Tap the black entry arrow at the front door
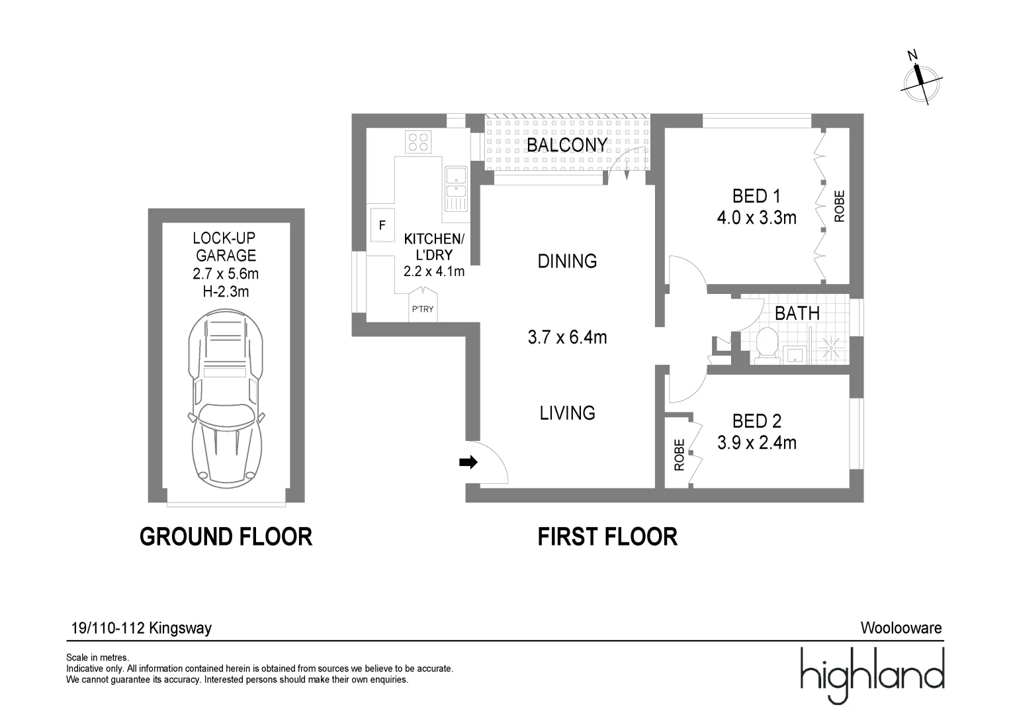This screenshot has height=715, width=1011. [468, 463]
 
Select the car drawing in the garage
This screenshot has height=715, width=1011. [226, 398]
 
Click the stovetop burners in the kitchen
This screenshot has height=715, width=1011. [418, 141]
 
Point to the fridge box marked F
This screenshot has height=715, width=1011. [382, 225]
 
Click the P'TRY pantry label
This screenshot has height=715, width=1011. [423, 309]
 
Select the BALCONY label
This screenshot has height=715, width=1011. [566, 144]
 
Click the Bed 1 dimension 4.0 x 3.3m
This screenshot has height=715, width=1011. [756, 217]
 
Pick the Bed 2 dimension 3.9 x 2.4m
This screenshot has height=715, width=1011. [756, 442]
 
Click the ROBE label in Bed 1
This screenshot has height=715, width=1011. [839, 206]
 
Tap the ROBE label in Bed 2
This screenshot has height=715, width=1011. [679, 455]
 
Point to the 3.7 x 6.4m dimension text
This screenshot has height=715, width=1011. [567, 337]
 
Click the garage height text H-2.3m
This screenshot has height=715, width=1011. [226, 291]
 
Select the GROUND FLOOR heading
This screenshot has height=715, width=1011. [226, 536]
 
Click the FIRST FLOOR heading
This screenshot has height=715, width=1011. [607, 536]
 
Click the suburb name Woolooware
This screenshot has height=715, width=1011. [901, 628]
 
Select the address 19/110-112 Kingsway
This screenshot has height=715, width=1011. [141, 628]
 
